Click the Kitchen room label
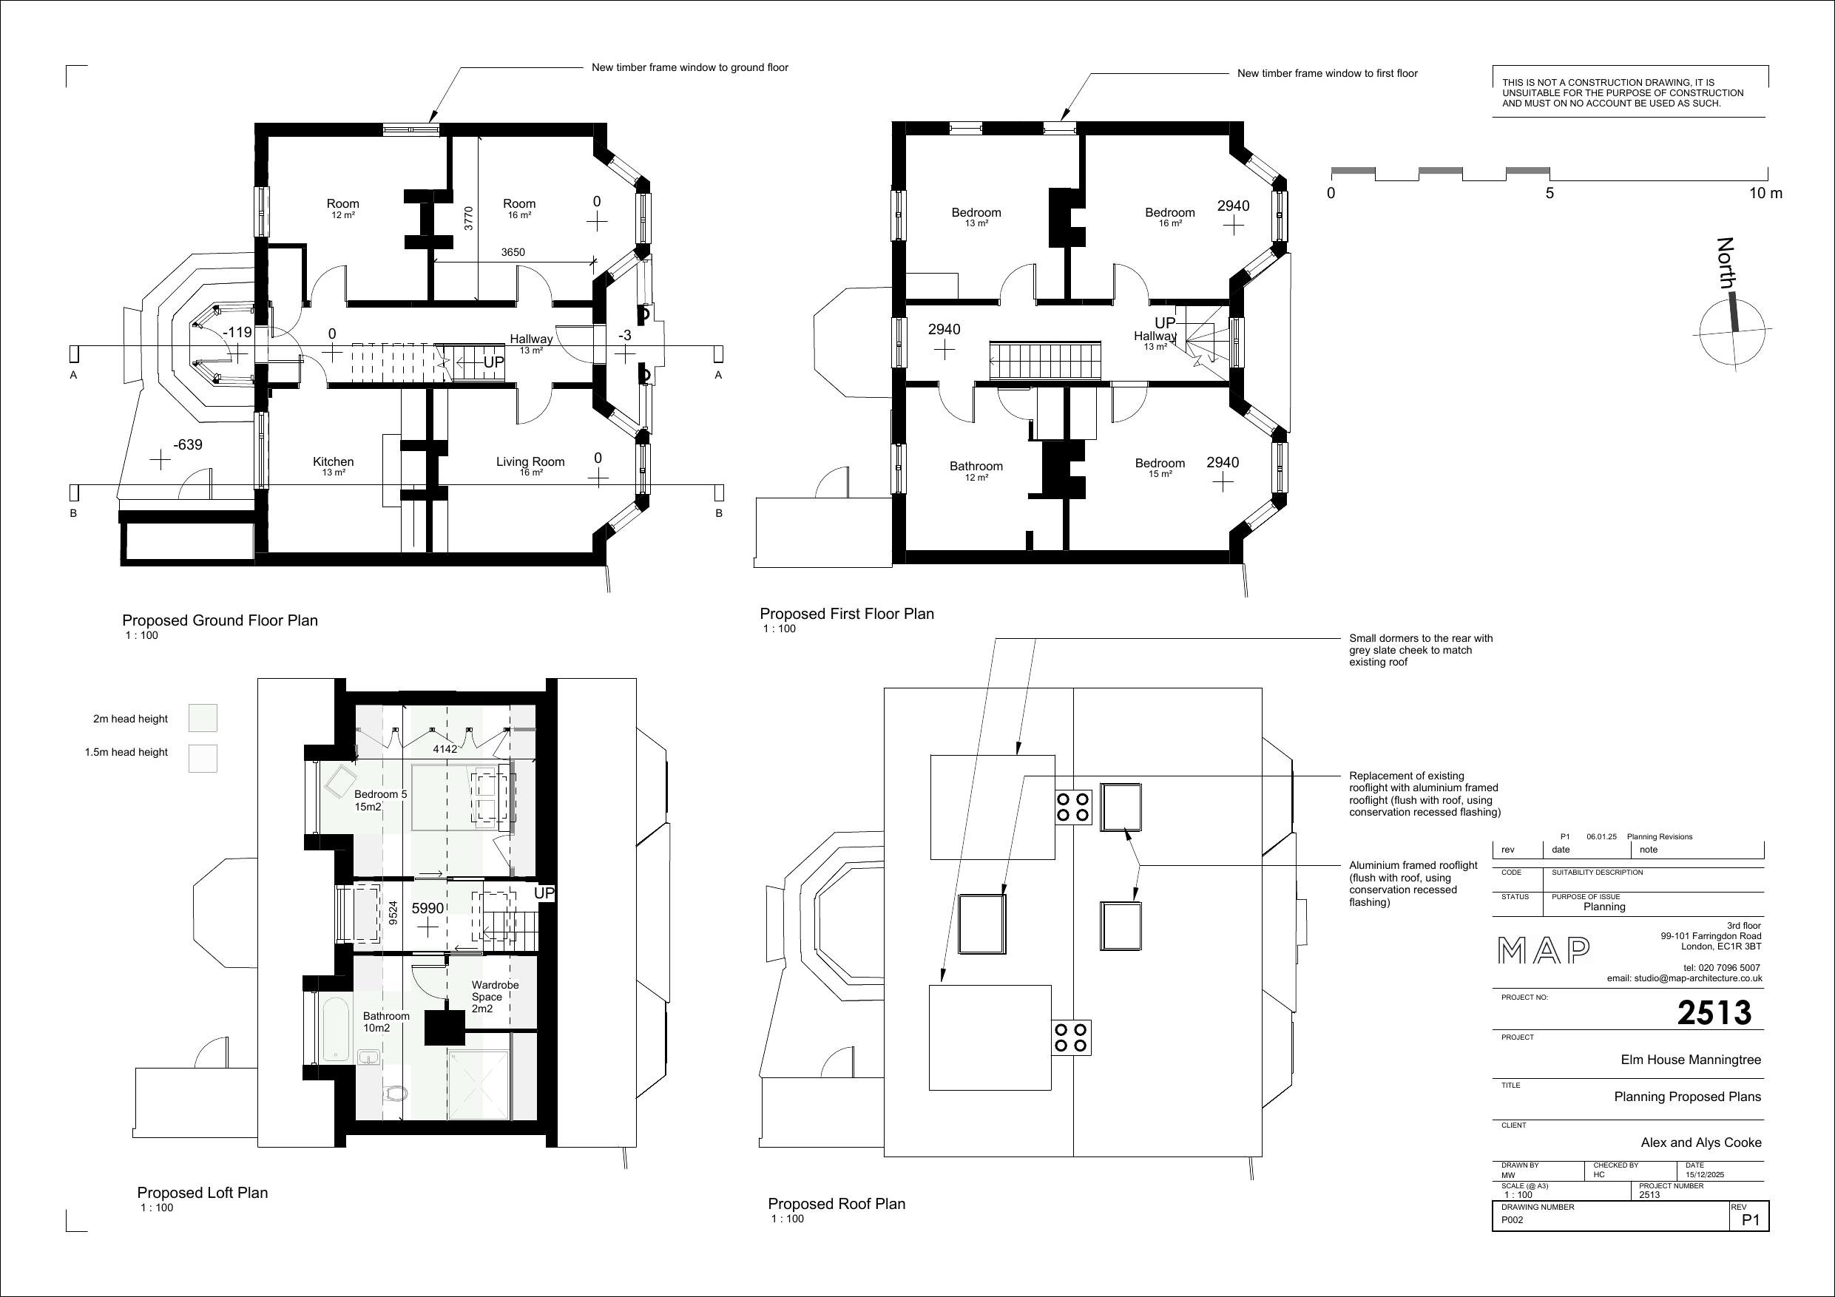[x=334, y=462]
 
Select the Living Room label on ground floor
[x=530, y=462]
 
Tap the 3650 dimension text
[x=513, y=253]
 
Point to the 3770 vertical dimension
[x=468, y=218]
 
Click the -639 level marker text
[x=188, y=445]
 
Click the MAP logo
[x=1544, y=951]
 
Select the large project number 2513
[x=1714, y=1013]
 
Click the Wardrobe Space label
[x=495, y=997]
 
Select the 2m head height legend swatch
[x=202, y=717]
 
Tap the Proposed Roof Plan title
[x=836, y=1204]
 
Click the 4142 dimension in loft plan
[x=445, y=749]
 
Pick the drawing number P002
[x=1511, y=1220]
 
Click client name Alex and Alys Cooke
[x=1700, y=1142]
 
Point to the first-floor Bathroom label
[x=976, y=467]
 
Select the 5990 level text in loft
[x=428, y=909]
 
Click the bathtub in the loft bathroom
[x=335, y=1028]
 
